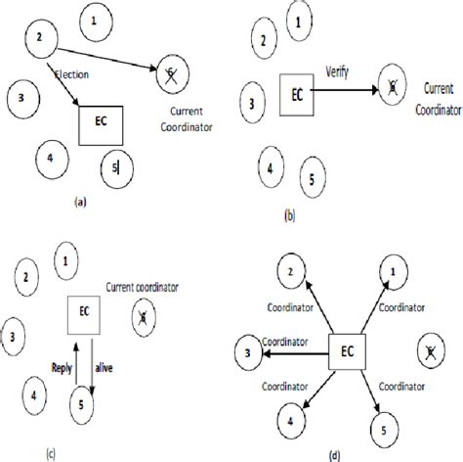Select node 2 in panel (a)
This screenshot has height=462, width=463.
[39, 38]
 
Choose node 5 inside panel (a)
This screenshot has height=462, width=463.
[115, 168]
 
